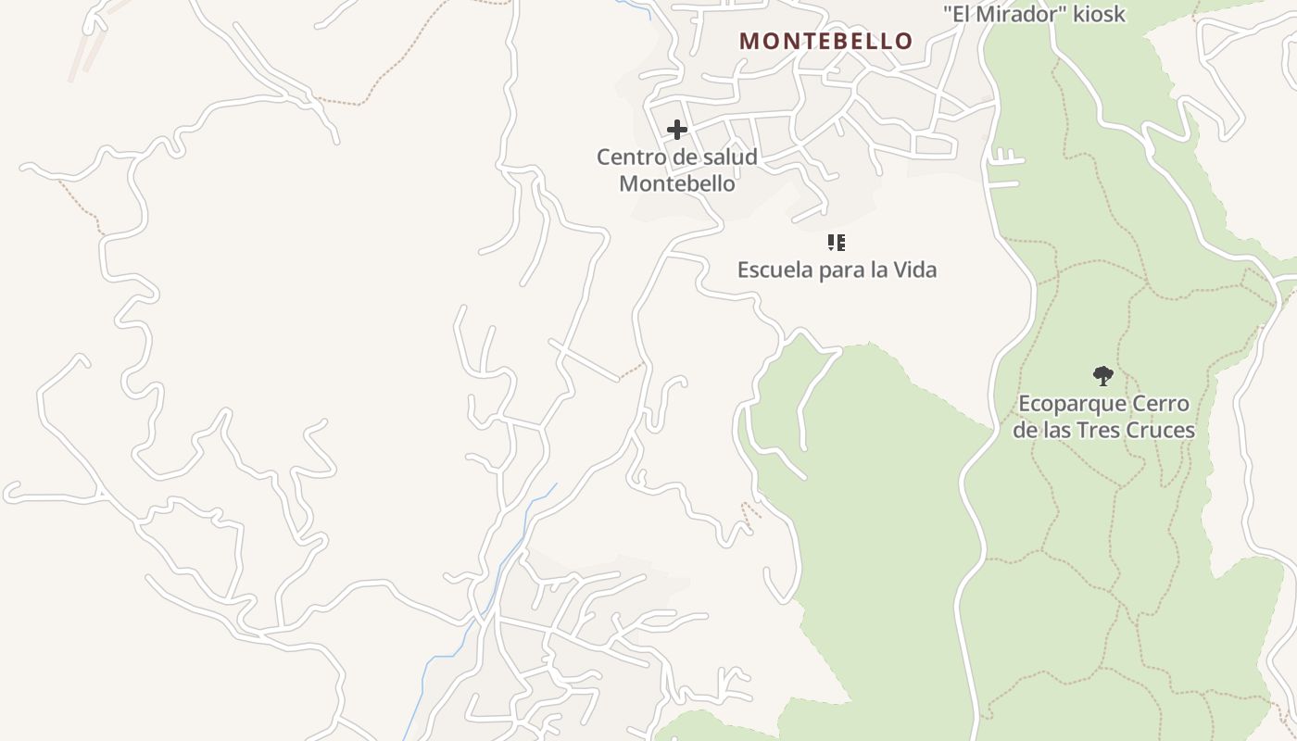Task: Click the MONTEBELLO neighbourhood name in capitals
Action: coord(825,41)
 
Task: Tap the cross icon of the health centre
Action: coord(677,130)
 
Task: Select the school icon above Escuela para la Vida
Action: coord(836,243)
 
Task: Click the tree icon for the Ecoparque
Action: coord(1102,375)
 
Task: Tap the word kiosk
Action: coord(1100,14)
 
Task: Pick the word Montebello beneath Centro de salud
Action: coord(677,183)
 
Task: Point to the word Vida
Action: coord(914,270)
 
